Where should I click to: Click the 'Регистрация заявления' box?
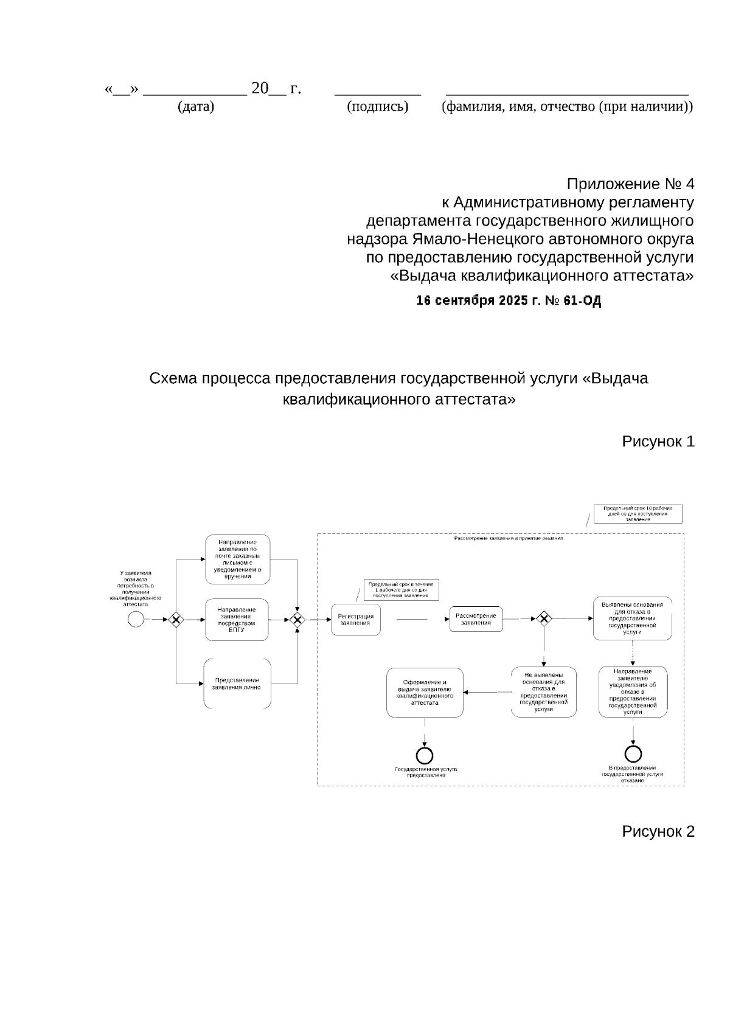(x=356, y=619)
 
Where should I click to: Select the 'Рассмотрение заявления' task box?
(x=476, y=619)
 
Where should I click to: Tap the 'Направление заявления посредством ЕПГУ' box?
(x=237, y=620)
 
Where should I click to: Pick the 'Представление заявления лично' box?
(x=237, y=684)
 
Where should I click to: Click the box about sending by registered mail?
(x=237, y=559)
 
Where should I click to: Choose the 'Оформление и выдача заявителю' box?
(x=425, y=692)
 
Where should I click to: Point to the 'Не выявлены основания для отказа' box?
(x=543, y=691)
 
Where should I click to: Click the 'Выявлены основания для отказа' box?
(x=633, y=618)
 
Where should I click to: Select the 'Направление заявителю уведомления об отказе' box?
(x=633, y=691)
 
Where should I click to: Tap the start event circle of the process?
(x=136, y=619)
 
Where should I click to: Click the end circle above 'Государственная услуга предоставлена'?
(x=425, y=755)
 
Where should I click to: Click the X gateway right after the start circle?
(x=176, y=619)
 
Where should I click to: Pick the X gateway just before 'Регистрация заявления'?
(x=297, y=619)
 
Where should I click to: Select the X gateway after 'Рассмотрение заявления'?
(x=544, y=618)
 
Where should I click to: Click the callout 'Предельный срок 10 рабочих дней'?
(x=638, y=514)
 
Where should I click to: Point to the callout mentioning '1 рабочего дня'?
(x=401, y=590)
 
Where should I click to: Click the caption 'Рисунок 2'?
(x=658, y=831)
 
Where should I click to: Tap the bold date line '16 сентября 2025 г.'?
(x=509, y=300)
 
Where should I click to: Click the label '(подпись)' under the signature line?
(x=377, y=107)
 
